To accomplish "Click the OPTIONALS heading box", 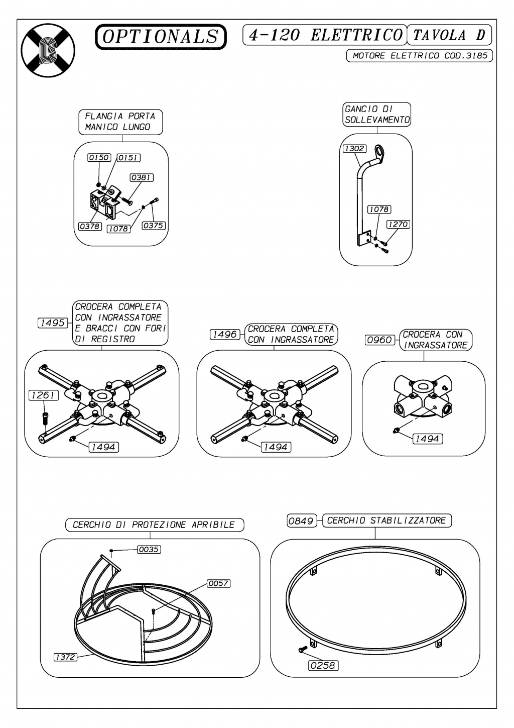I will [161, 37].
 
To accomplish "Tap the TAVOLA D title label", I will [449, 35].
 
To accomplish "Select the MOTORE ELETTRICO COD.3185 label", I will [420, 56].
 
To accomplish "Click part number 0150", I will [98, 158].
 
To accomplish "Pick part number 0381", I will [142, 178].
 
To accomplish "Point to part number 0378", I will [90, 227].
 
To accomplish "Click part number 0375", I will [153, 226].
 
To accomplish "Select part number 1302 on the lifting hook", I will [354, 149].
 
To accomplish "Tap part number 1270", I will [398, 225].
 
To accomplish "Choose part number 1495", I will [52, 323].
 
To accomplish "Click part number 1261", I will [43, 395].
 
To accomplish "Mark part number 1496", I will [224, 335].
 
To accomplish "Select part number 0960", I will [379, 340].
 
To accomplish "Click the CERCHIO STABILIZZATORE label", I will [386, 521].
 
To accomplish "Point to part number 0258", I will [323, 665].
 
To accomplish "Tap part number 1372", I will [65, 657].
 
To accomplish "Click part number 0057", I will [218, 583].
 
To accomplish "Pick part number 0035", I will [149, 550].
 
